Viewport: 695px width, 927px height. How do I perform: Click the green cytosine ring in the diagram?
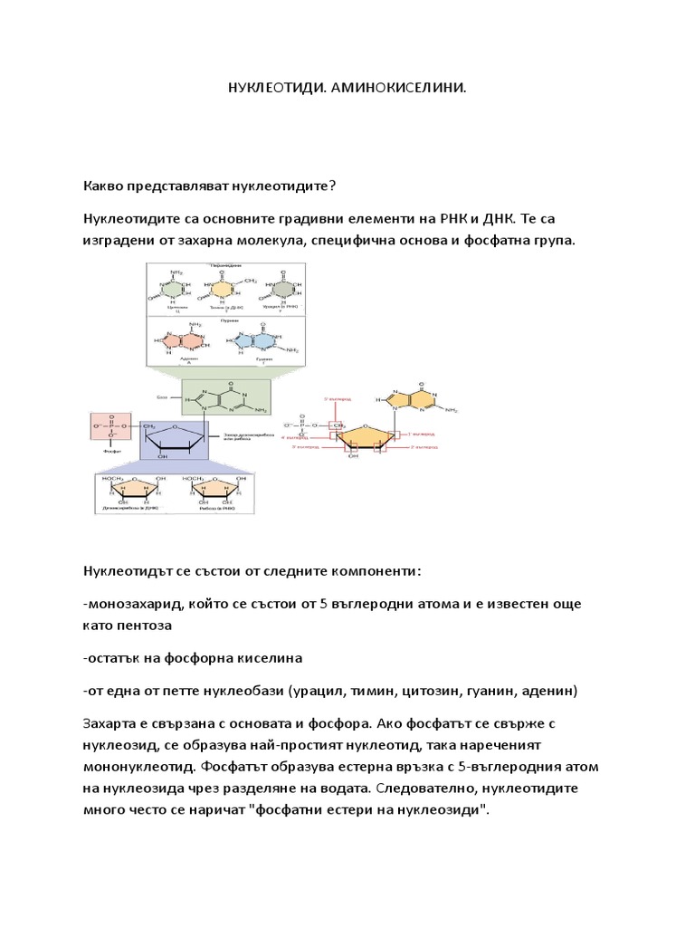172,289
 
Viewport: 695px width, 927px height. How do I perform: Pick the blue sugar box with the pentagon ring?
175,438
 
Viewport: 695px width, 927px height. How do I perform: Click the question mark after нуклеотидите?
332,186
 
